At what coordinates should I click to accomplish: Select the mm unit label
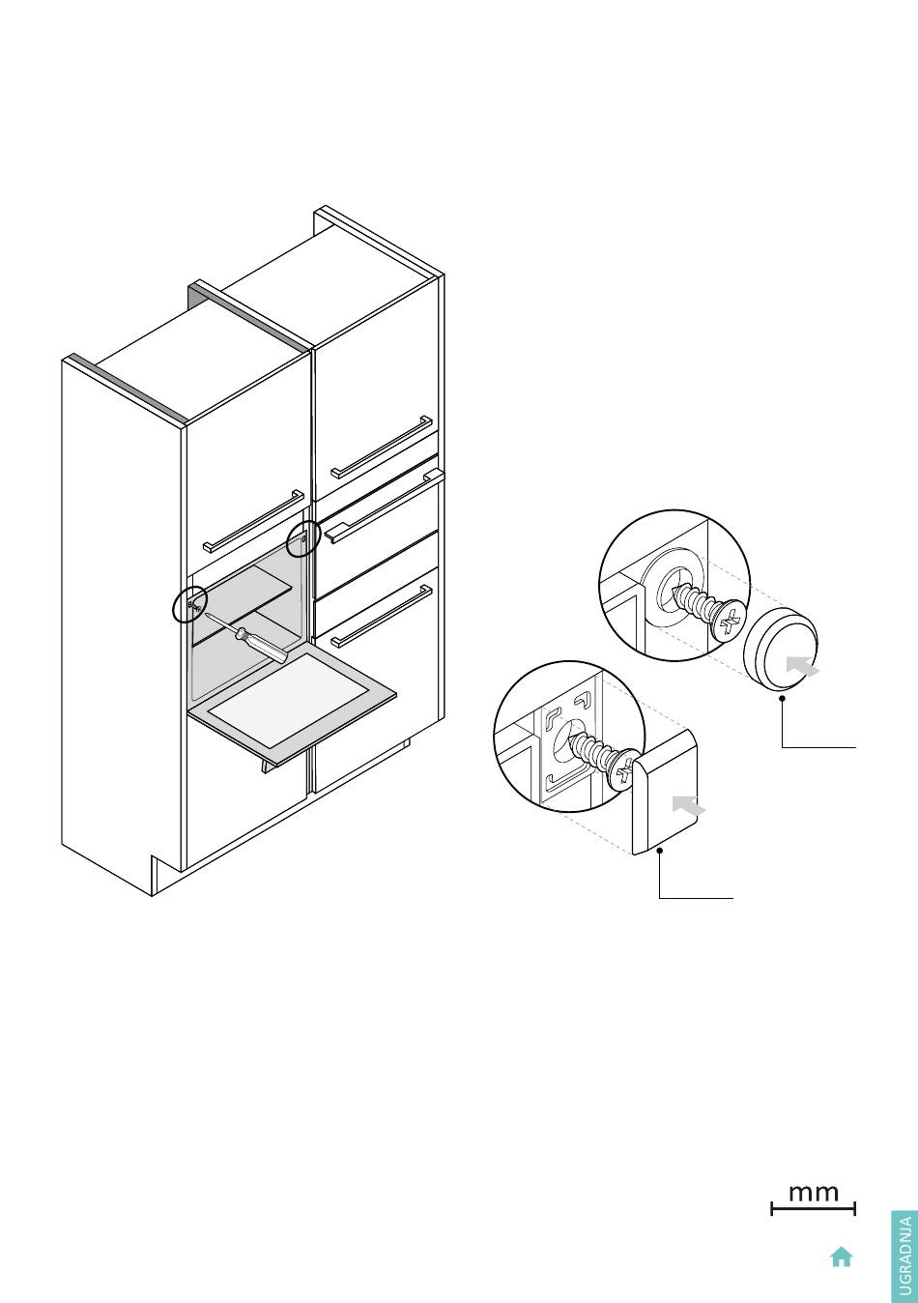[814, 1194]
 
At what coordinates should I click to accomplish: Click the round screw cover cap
[781, 649]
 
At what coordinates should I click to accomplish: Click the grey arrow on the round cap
[802, 665]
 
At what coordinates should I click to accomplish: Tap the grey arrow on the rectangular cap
[688, 806]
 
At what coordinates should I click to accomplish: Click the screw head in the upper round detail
[728, 622]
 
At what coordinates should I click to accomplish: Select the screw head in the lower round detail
[622, 771]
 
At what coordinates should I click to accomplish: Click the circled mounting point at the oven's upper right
[304, 538]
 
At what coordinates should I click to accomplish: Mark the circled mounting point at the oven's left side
[190, 605]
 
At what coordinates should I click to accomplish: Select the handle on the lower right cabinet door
[382, 616]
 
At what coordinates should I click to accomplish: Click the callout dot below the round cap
[783, 698]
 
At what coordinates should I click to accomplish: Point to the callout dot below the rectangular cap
[660, 851]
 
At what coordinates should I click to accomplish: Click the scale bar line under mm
[814, 1209]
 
